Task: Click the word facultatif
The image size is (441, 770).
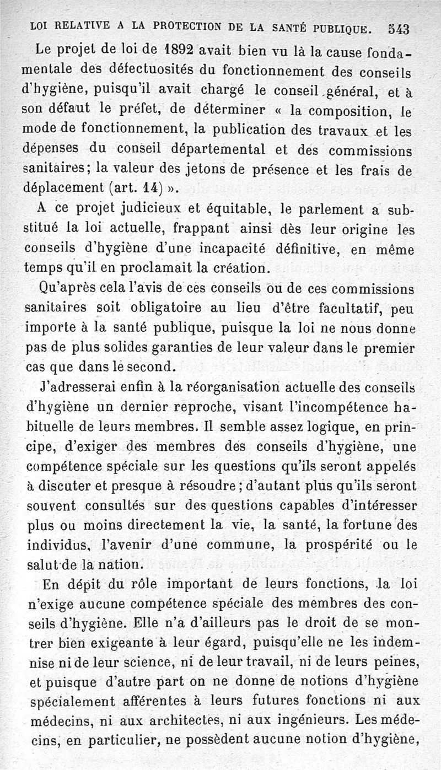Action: pyautogui.click(x=338, y=308)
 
